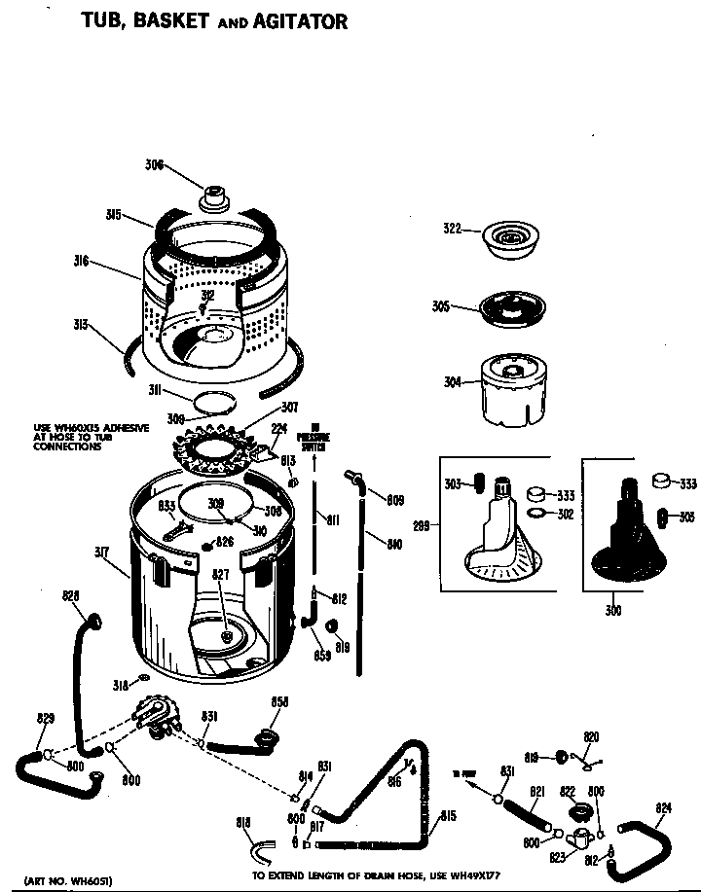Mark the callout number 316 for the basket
click(x=81, y=260)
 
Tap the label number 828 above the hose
click(x=70, y=595)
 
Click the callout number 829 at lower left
click(x=45, y=719)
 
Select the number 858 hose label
click(x=279, y=702)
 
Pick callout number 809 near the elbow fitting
click(x=395, y=501)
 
